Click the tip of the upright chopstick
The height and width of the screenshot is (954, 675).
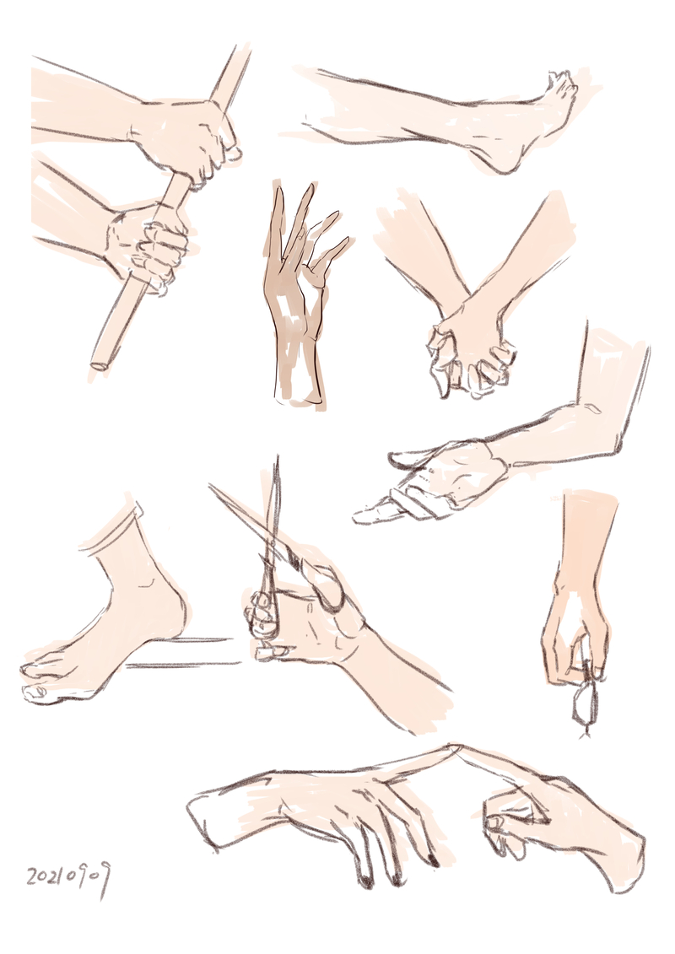277,457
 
